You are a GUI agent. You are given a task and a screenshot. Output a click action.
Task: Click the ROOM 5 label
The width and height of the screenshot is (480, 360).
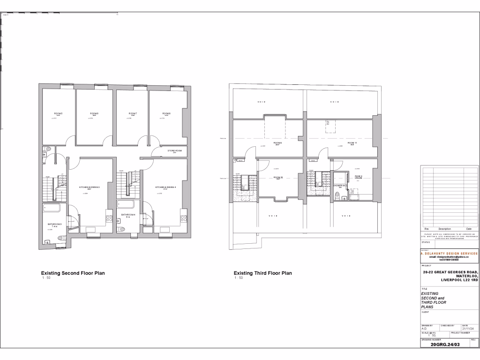pyautogui.click(x=58, y=114)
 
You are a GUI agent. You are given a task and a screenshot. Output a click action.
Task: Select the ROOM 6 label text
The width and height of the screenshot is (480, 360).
pyautogui.click(x=94, y=114)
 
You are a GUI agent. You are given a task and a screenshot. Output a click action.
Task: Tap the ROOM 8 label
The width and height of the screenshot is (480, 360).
pyautogui.click(x=166, y=114)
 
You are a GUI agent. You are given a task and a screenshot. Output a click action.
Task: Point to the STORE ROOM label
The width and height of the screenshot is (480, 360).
pyautogui.click(x=174, y=151)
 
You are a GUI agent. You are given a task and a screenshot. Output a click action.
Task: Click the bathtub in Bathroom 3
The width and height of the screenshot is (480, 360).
pyautogui.click(x=55, y=209)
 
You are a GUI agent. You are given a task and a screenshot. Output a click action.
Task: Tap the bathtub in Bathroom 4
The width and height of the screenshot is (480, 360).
pyautogui.click(x=125, y=204)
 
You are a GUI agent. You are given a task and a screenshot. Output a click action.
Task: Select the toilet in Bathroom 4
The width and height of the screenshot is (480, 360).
pyautogui.click(x=122, y=229)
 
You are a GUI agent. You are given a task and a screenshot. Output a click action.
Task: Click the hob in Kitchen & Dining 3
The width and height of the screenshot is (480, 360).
pyautogui.click(x=109, y=218)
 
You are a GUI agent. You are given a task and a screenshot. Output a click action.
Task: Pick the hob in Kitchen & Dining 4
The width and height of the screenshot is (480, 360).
pyautogui.click(x=184, y=218)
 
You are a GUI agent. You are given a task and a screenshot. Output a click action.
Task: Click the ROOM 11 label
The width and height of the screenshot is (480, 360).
pyautogui.click(x=352, y=142)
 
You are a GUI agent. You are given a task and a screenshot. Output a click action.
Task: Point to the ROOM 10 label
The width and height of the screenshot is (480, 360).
pyautogui.click(x=278, y=177)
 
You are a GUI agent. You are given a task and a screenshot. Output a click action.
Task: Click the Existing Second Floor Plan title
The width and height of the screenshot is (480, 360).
pyautogui.click(x=73, y=273)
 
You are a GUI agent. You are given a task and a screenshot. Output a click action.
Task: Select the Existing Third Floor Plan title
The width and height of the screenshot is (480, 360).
pyautogui.click(x=262, y=273)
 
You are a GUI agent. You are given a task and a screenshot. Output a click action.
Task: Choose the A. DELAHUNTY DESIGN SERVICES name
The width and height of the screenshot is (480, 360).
pyautogui.click(x=449, y=253)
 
